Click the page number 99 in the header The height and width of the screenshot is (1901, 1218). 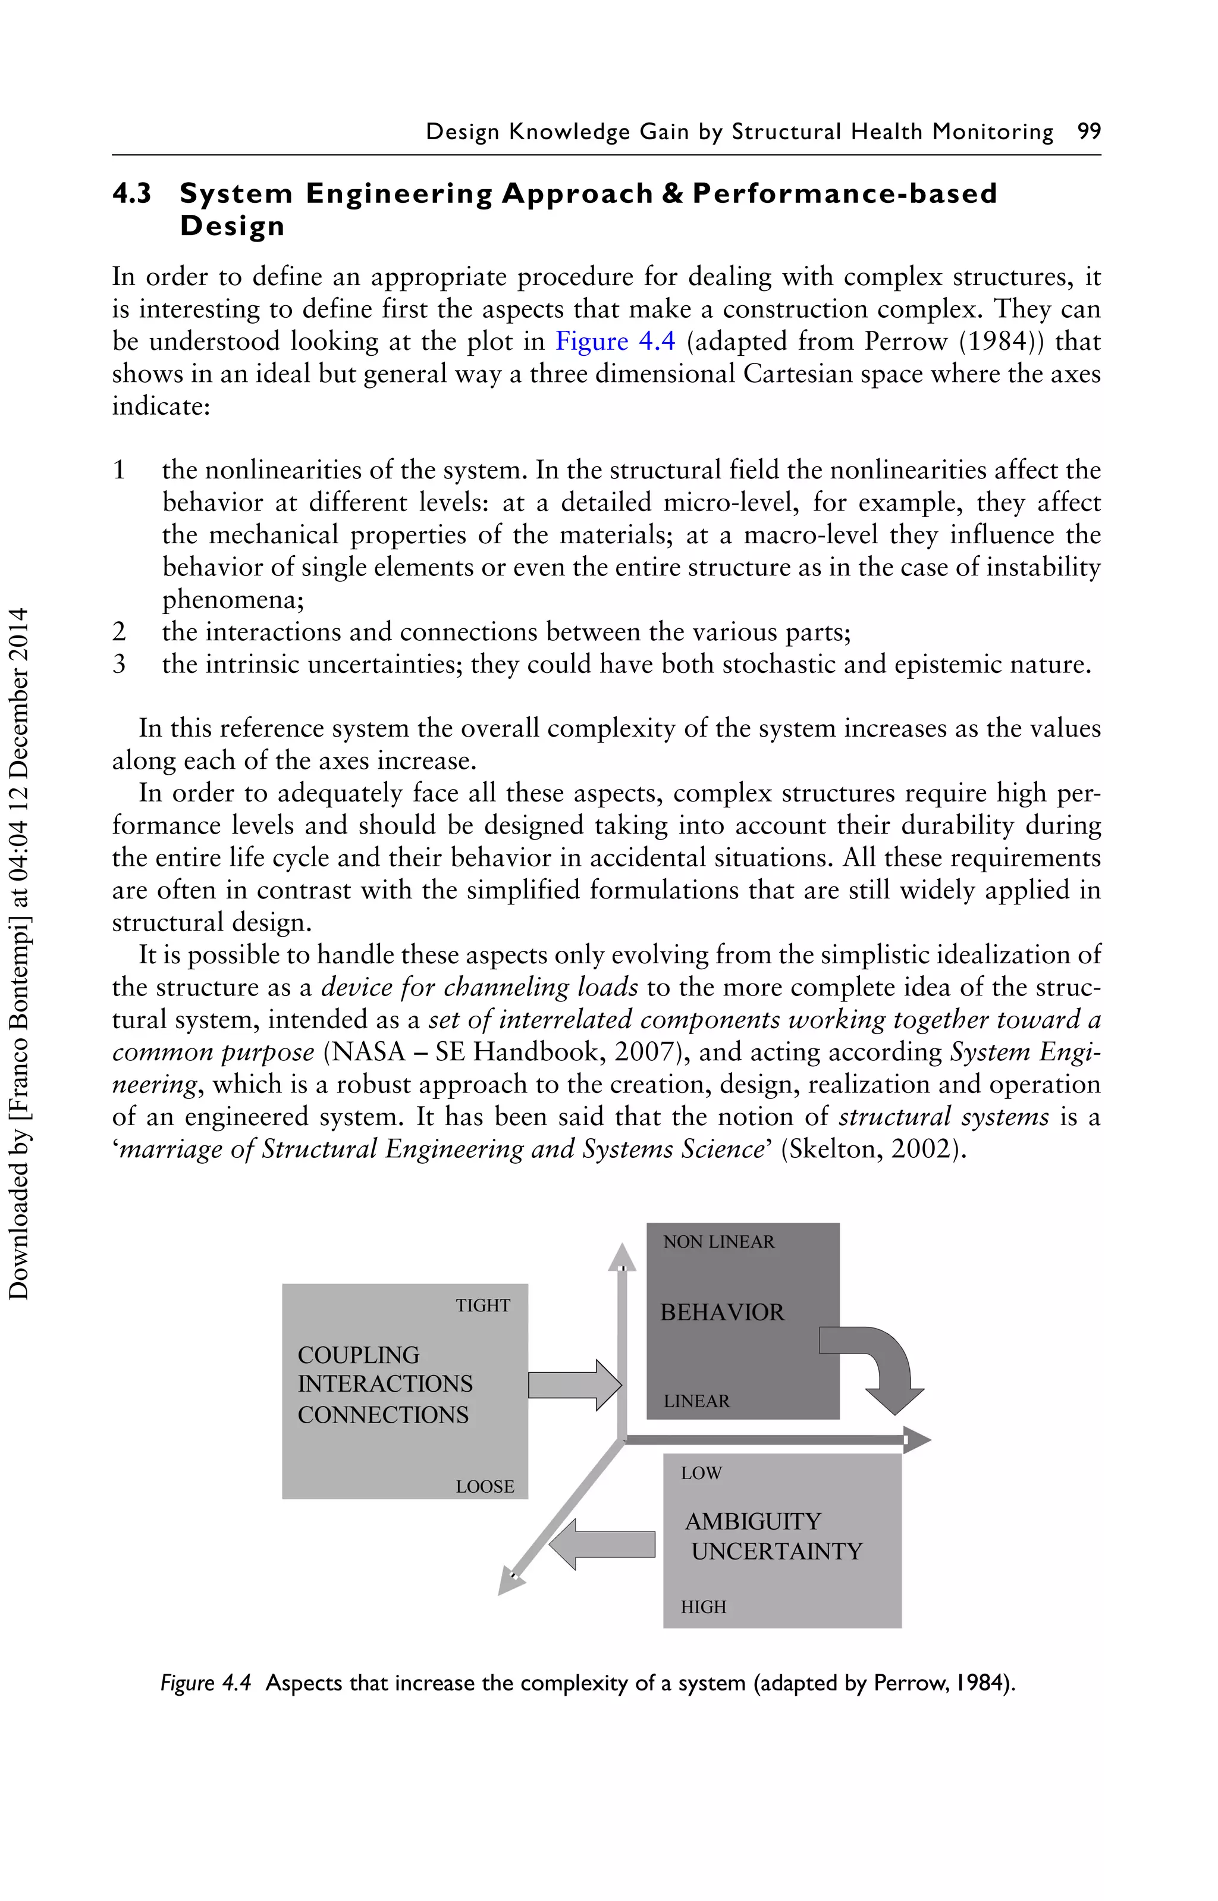[1089, 131]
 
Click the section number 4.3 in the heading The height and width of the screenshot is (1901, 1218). [132, 194]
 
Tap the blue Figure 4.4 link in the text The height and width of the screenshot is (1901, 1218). [616, 342]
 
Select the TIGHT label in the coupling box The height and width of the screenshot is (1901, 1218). [482, 1306]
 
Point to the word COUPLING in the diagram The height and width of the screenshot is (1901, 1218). [358, 1355]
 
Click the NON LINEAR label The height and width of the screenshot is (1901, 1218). [719, 1242]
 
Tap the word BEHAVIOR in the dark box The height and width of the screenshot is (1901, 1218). [722, 1313]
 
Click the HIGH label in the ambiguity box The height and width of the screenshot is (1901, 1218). [703, 1606]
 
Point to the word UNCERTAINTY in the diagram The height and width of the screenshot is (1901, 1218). [777, 1551]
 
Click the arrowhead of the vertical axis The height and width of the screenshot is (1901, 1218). [621, 1258]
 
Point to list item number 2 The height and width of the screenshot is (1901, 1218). [120, 632]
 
